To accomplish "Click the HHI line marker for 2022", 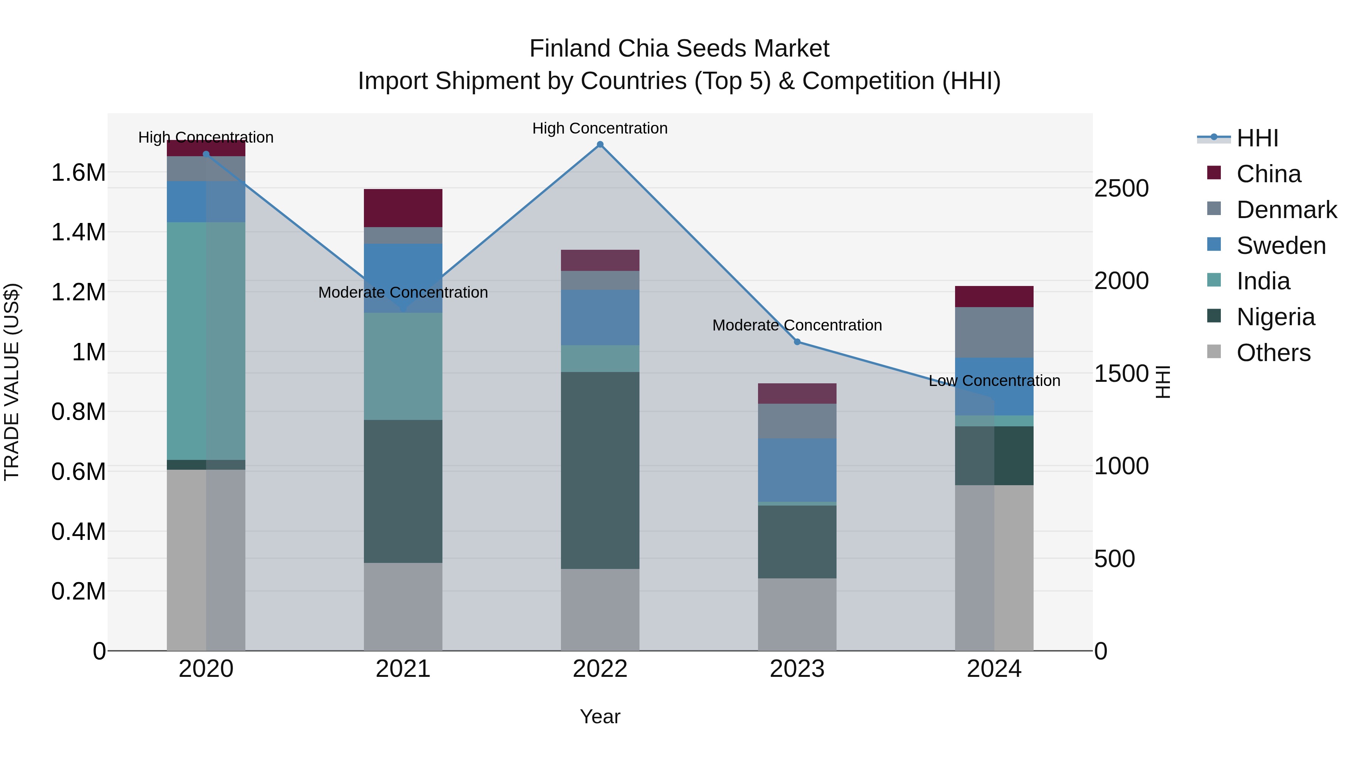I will point(600,144).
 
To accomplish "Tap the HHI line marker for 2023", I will point(797,342).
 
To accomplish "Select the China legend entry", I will point(1268,174).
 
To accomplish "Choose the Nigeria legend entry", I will point(1275,317).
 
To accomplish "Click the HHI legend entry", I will point(1257,138).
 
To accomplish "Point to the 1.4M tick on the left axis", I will point(79,232).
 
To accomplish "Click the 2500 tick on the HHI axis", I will point(1121,188).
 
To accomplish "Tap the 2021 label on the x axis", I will point(403,669).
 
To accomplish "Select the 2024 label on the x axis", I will point(994,669).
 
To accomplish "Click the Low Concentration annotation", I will point(994,381).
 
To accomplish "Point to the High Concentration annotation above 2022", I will point(600,128).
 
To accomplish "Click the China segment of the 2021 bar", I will point(403,208).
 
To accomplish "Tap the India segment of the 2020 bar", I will point(206,341).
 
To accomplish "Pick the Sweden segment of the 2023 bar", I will point(797,470).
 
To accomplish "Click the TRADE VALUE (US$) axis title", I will point(12,382).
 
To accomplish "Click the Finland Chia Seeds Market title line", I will point(679,49).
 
